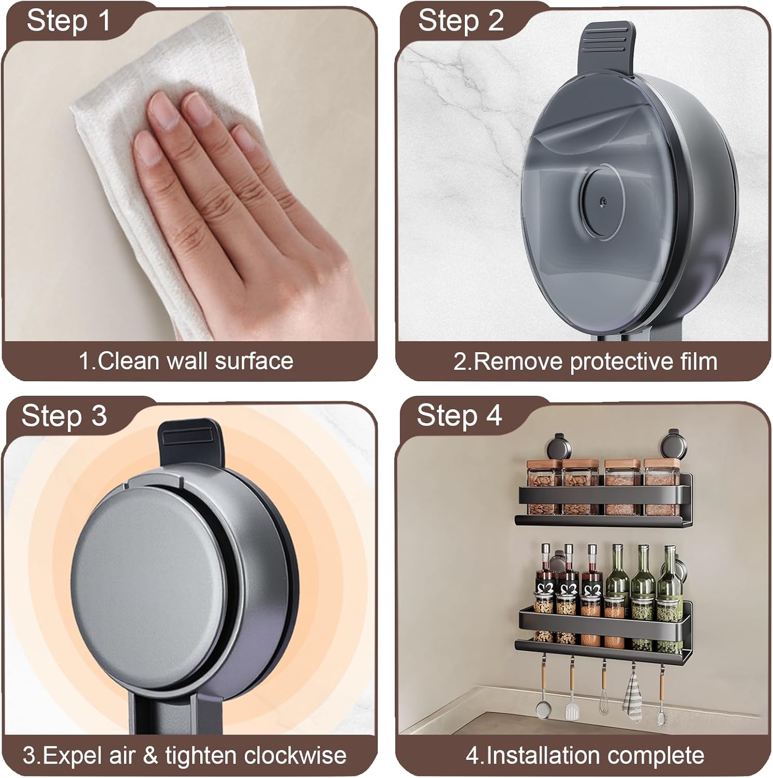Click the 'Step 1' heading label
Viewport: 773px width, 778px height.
(68, 21)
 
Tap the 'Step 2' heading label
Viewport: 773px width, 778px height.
(461, 21)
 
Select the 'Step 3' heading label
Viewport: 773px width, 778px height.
(64, 416)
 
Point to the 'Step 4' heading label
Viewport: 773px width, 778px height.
(460, 416)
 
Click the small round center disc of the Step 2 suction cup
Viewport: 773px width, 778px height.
(601, 199)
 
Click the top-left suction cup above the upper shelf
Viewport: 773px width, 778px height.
(558, 446)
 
